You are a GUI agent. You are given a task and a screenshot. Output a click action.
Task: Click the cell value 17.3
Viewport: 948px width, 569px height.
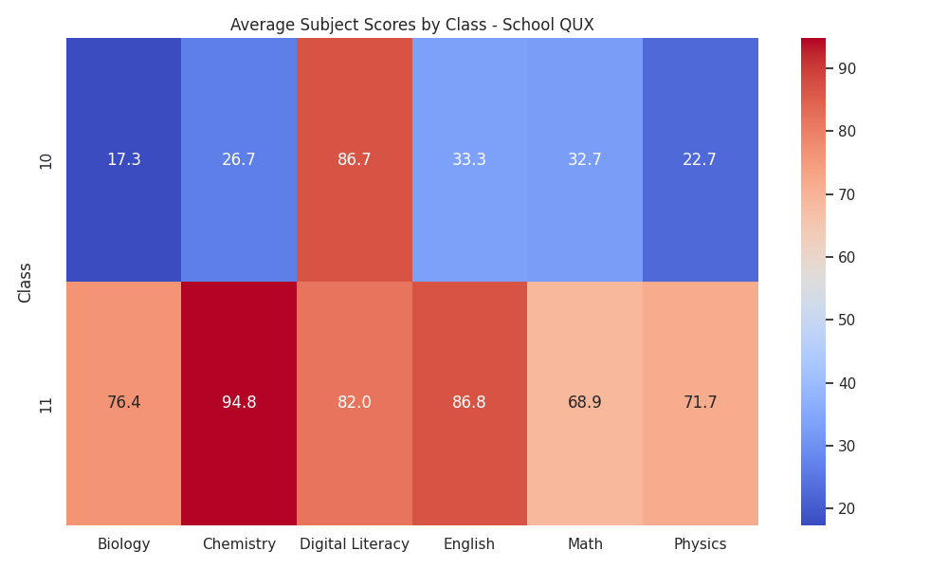point(124,159)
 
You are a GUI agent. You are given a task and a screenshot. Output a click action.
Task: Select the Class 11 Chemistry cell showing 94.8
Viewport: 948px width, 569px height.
point(239,402)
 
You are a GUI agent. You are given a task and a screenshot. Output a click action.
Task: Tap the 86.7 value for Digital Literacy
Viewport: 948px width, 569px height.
point(355,159)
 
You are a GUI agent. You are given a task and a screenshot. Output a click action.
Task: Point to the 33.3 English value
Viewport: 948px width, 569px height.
point(469,159)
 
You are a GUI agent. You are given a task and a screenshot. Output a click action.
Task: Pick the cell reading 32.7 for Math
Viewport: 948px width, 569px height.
point(585,159)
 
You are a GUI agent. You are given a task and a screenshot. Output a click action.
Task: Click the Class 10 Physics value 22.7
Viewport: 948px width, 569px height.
point(700,159)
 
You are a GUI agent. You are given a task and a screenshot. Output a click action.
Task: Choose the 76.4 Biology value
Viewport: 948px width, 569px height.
point(124,402)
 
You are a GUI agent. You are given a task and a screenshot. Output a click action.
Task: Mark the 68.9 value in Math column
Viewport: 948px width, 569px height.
point(585,402)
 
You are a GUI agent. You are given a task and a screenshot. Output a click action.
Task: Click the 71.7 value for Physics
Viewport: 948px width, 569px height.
point(701,402)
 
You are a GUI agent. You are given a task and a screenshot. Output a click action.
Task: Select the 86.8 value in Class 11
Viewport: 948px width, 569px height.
point(469,402)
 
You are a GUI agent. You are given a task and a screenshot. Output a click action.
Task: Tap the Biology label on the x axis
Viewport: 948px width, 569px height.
point(124,544)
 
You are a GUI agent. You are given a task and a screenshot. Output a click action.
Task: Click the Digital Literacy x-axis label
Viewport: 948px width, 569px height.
point(355,544)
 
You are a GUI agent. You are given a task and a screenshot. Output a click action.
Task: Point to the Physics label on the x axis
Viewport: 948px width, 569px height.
point(701,544)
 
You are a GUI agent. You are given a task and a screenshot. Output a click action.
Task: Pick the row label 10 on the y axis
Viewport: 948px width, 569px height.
point(46,161)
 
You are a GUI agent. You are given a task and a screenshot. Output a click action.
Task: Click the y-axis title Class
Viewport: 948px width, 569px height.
point(25,283)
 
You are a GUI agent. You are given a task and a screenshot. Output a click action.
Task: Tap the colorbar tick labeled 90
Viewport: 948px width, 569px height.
point(848,69)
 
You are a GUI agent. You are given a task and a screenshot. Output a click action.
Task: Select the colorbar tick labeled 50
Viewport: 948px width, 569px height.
point(848,321)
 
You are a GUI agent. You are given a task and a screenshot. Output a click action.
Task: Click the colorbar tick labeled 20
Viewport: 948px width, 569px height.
point(848,509)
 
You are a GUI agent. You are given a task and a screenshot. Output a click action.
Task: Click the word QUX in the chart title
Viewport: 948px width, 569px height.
point(576,25)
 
